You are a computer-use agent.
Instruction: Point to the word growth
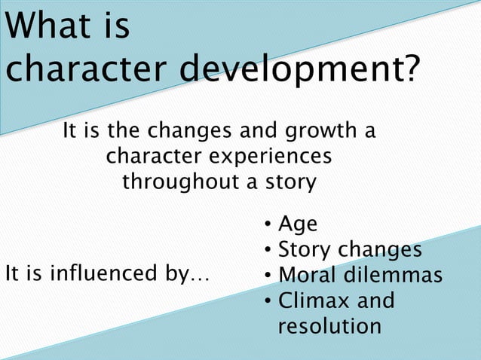(320, 133)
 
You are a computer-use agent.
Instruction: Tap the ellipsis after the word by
(200, 277)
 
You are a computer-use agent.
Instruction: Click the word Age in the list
(298, 225)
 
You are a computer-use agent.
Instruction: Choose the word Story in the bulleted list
(305, 250)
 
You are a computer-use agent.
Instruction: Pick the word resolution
(329, 326)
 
